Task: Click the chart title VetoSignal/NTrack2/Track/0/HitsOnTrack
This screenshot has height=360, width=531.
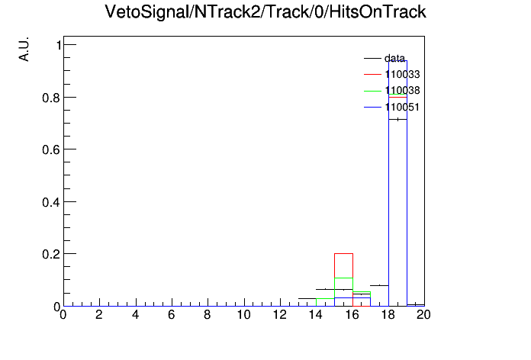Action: pos(265,12)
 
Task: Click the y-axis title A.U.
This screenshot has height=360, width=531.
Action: pos(24,49)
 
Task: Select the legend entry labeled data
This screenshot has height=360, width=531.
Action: pos(385,58)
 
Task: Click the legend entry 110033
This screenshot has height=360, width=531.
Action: pos(392,74)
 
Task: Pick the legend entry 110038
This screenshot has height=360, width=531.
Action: pos(392,91)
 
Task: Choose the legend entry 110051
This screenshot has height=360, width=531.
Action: pos(392,108)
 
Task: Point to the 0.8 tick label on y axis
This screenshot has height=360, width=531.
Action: pos(51,98)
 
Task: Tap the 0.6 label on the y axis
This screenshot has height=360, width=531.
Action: pos(51,149)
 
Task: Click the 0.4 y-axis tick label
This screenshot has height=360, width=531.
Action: pos(51,202)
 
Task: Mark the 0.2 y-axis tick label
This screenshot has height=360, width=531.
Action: pos(51,254)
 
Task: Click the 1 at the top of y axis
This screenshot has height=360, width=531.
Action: pos(59,45)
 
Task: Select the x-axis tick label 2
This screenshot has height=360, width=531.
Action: pos(99,315)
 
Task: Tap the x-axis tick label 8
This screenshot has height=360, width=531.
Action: pos(208,315)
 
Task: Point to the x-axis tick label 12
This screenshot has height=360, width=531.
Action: pos(280,315)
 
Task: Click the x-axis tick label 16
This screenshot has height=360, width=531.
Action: pos(352,315)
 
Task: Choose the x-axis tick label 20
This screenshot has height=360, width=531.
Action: pos(423,315)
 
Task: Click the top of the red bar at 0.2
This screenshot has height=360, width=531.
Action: pos(344,253)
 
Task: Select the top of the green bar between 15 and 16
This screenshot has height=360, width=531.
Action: pos(344,278)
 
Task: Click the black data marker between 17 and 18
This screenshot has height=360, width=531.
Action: pos(379,285)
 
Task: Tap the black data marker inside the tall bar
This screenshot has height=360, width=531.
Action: pos(397,119)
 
